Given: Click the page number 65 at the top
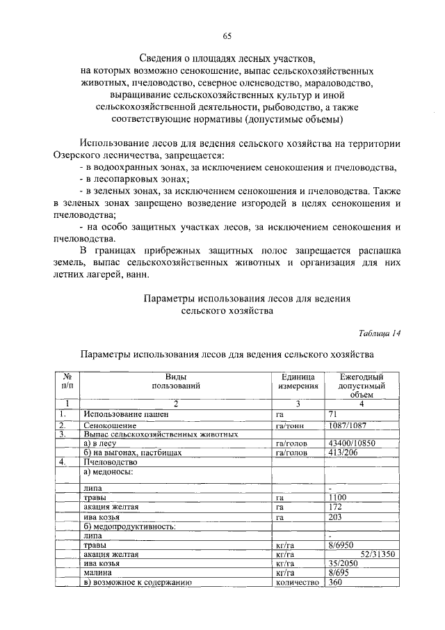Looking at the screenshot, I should [227, 36].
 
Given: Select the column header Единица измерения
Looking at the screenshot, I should [298, 380].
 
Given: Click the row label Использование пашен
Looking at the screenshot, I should [125, 415].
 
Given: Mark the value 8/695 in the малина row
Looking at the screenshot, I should [339, 573].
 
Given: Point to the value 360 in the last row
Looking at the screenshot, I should [336, 583].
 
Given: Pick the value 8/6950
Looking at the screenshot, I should [341, 545].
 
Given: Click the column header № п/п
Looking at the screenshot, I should [67, 380].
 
